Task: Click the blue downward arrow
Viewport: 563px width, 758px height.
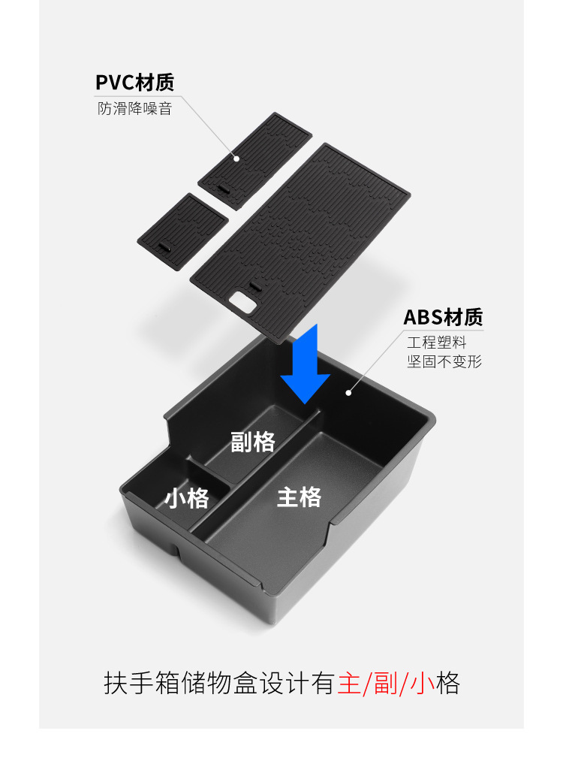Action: (305, 367)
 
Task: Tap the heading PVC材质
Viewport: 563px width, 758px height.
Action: (134, 83)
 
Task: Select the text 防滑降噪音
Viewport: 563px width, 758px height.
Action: (134, 108)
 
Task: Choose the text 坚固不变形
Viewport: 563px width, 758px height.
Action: (444, 362)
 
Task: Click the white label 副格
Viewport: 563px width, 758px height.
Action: (253, 442)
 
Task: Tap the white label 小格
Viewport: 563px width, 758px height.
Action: (187, 497)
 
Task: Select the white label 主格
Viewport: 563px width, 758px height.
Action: (299, 497)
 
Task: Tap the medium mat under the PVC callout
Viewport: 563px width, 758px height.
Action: (244, 159)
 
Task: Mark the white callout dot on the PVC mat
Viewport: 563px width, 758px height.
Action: (236, 159)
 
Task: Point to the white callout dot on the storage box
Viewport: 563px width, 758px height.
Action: (348, 392)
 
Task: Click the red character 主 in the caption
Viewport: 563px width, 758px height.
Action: (349, 684)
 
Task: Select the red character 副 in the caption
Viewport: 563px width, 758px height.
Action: (386, 684)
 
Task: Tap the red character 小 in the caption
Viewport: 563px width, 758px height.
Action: (423, 684)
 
